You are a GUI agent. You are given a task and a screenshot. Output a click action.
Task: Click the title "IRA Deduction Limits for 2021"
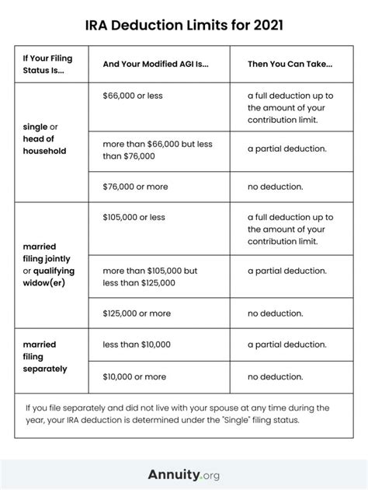[x=183, y=25]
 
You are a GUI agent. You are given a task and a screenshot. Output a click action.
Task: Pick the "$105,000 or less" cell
[x=135, y=217]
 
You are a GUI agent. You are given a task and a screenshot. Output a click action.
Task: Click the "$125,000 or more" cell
[x=137, y=313]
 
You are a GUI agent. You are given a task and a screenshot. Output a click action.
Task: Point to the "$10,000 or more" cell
[x=134, y=376]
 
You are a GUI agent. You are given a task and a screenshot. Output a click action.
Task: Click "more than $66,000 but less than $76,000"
[x=158, y=150]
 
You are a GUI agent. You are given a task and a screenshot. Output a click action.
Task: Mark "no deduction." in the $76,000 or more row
[x=276, y=187]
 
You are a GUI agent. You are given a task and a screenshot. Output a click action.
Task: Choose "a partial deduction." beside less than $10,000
[x=286, y=344]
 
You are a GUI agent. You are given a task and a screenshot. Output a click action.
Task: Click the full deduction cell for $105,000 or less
[x=290, y=229]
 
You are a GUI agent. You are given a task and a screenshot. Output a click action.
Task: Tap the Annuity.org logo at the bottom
[x=183, y=474]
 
